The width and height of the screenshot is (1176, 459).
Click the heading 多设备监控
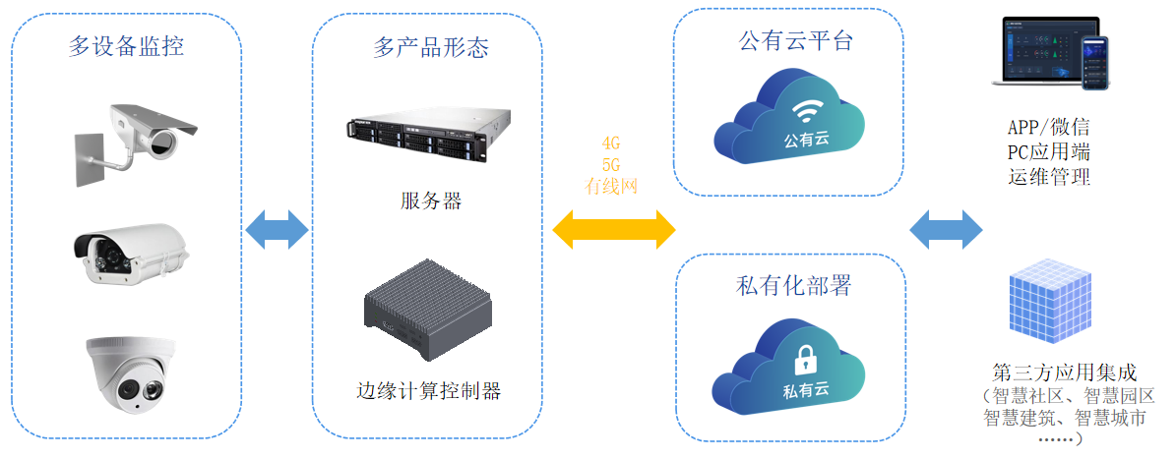pos(126,46)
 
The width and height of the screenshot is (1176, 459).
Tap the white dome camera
pos(131,372)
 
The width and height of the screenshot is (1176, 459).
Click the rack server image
pos(417,135)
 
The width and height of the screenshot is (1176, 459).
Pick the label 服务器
pos(431,201)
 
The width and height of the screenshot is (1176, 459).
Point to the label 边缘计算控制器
pos(429,390)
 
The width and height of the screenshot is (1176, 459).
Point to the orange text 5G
pos(611,163)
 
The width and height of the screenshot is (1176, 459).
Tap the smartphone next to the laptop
pos(1093,62)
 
